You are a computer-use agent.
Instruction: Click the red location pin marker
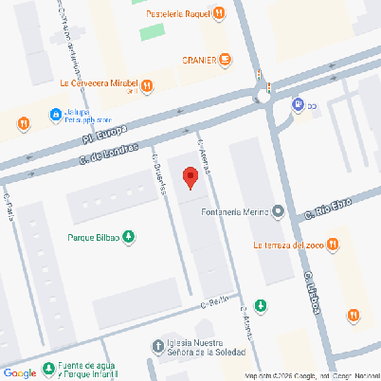[190, 177]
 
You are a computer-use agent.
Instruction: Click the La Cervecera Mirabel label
[100, 82]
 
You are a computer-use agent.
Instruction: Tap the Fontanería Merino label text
[234, 211]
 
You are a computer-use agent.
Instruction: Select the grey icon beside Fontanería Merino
[278, 211]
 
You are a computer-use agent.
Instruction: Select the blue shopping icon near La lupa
[52, 115]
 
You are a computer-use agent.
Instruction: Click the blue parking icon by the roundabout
[298, 105]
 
